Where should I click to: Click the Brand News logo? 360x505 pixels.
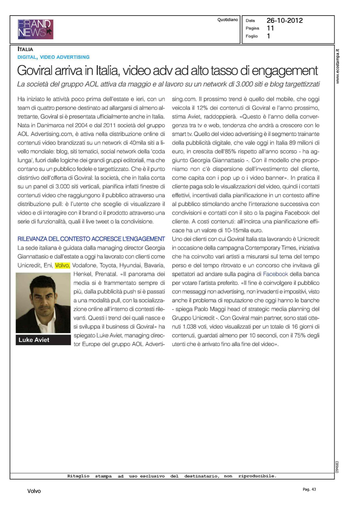(x=35, y=29)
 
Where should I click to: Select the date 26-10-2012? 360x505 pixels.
(x=285, y=21)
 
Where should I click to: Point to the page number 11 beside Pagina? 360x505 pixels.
(x=270, y=28)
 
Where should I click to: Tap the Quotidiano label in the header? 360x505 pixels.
(x=227, y=20)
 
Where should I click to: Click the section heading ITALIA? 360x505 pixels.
(x=25, y=49)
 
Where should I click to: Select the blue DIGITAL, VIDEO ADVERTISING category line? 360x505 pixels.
(x=54, y=57)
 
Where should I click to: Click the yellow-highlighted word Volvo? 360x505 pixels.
(x=62, y=265)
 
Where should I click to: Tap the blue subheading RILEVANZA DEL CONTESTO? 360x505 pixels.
(x=91, y=239)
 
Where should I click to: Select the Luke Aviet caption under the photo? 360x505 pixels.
(x=34, y=340)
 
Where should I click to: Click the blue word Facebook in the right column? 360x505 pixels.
(x=275, y=274)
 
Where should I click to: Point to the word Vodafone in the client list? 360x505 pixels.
(x=84, y=265)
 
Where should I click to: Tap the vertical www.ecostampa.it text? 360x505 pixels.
(x=338, y=66)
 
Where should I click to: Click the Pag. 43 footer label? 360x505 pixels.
(x=309, y=489)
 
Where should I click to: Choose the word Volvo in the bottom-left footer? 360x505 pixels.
(x=34, y=491)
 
